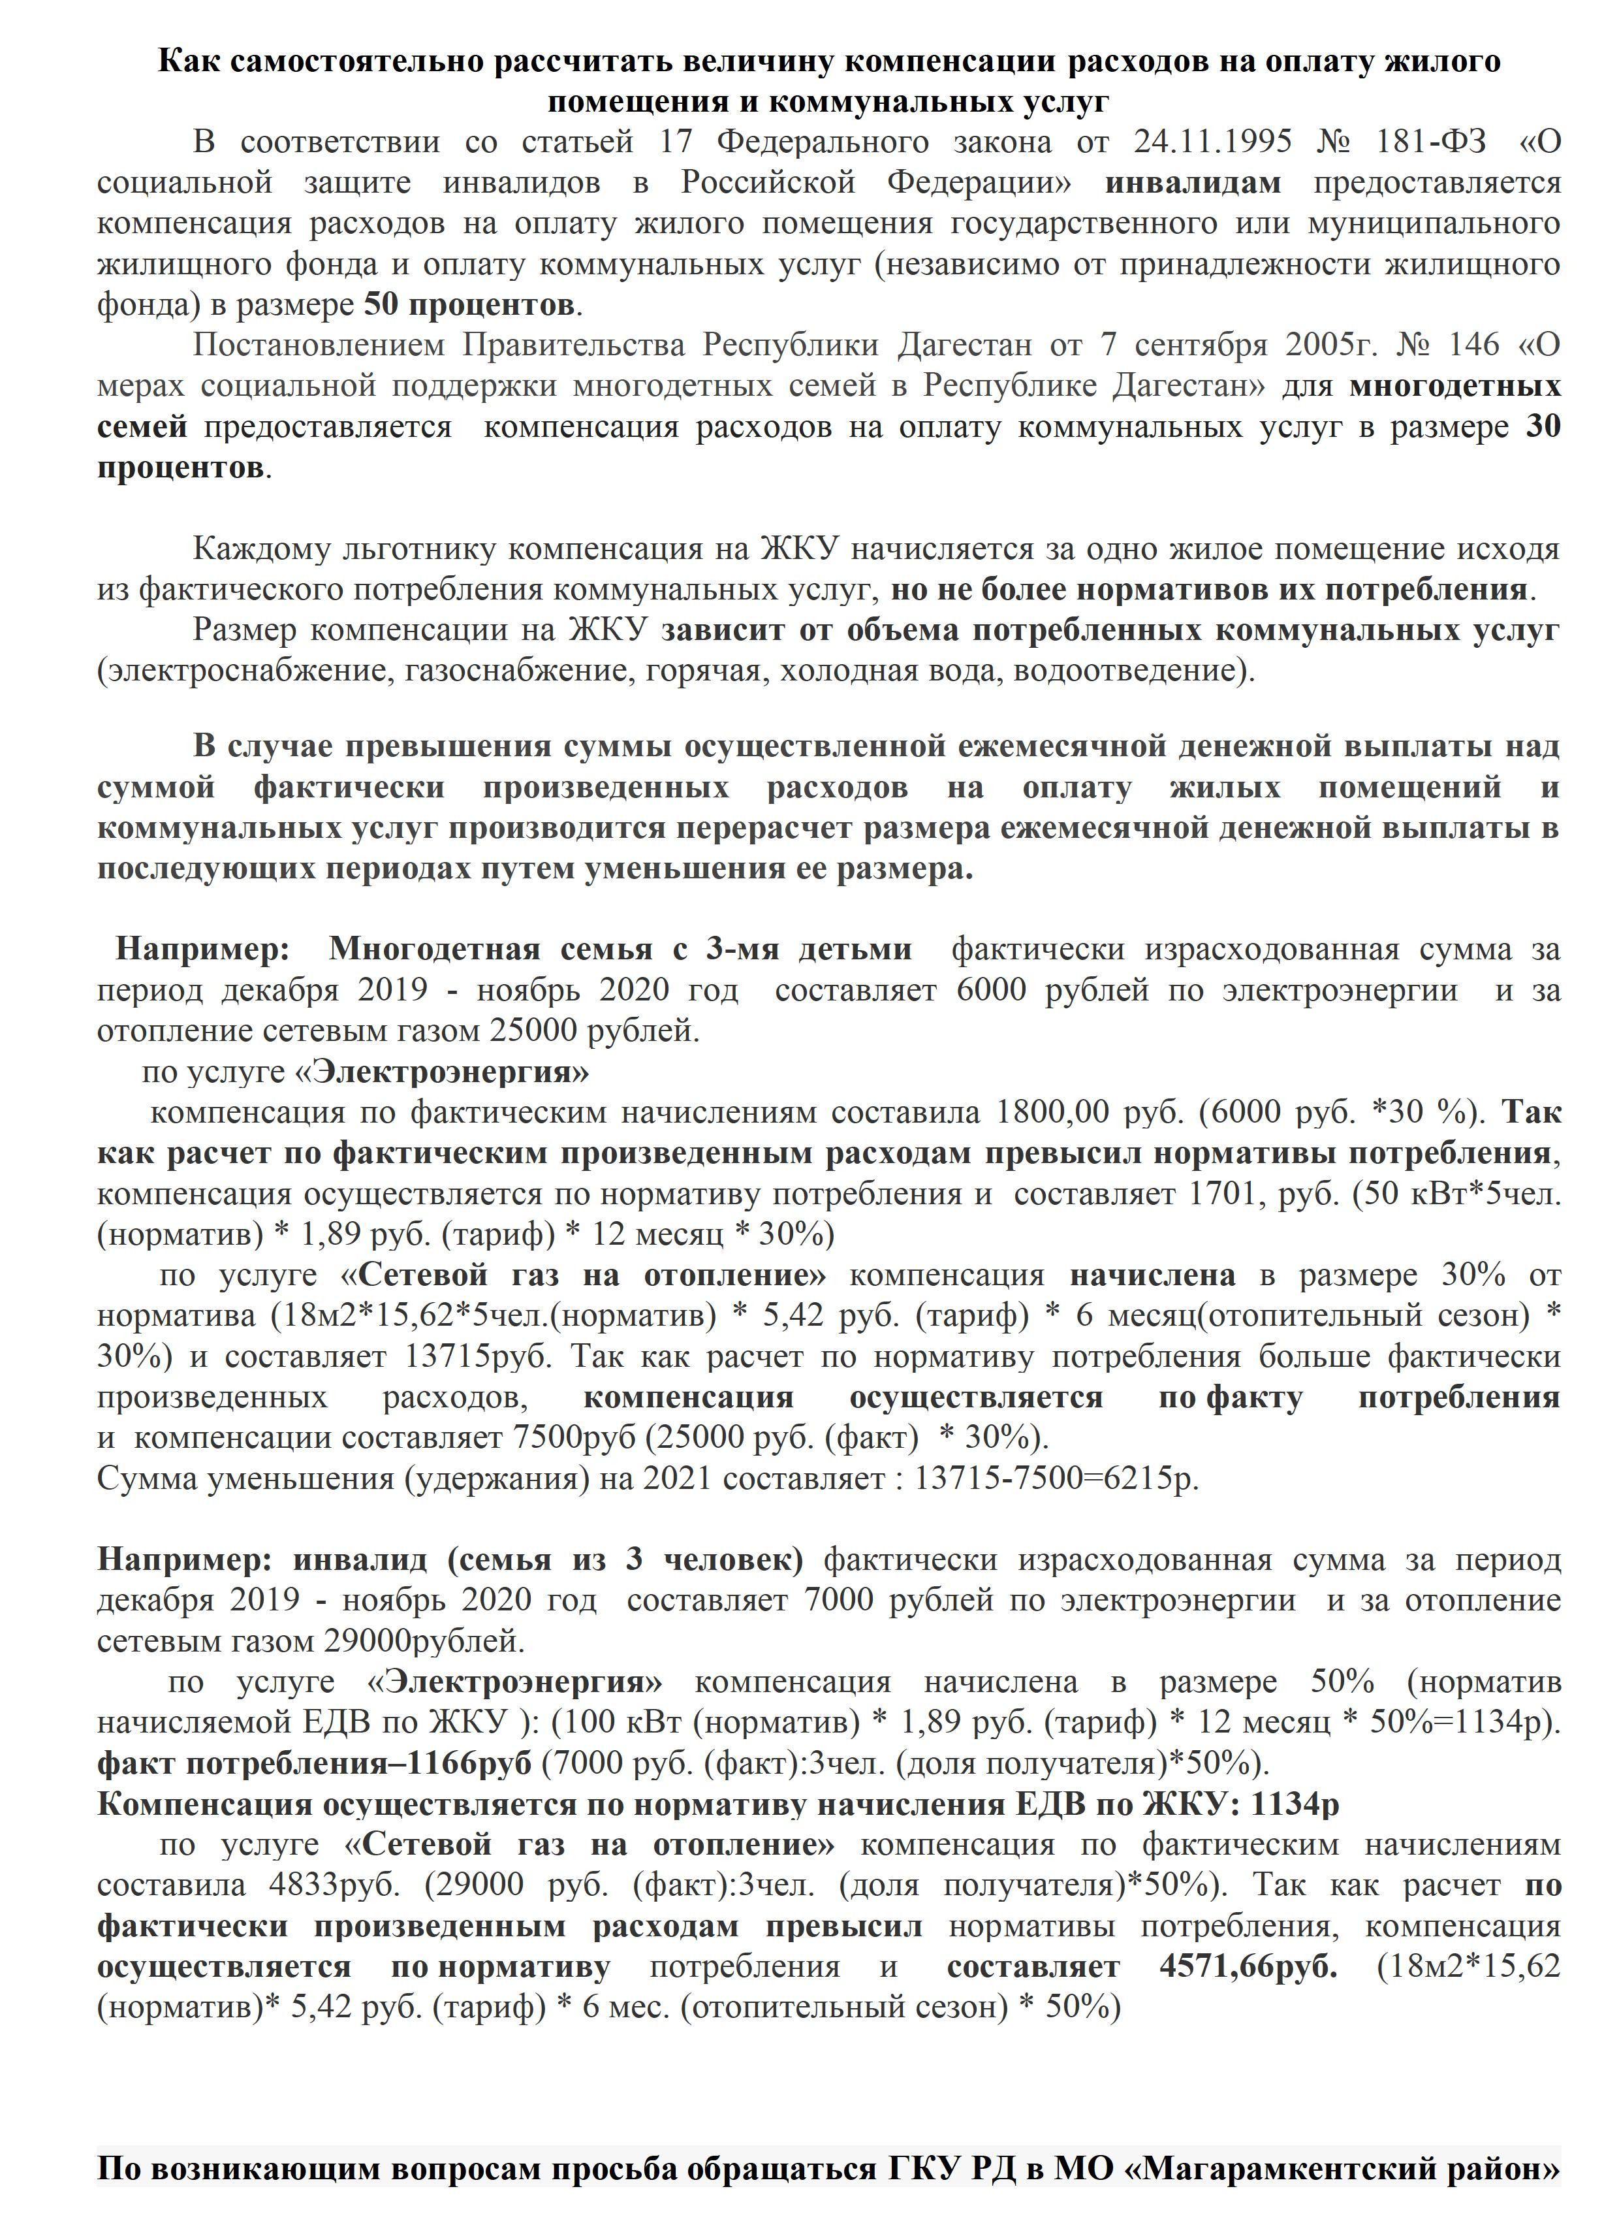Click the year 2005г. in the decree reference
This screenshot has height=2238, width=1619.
pos(1330,345)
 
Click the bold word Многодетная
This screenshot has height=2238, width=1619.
pos(434,950)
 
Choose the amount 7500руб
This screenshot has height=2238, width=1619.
pos(574,1438)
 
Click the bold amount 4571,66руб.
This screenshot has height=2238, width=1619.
pos(1248,1966)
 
